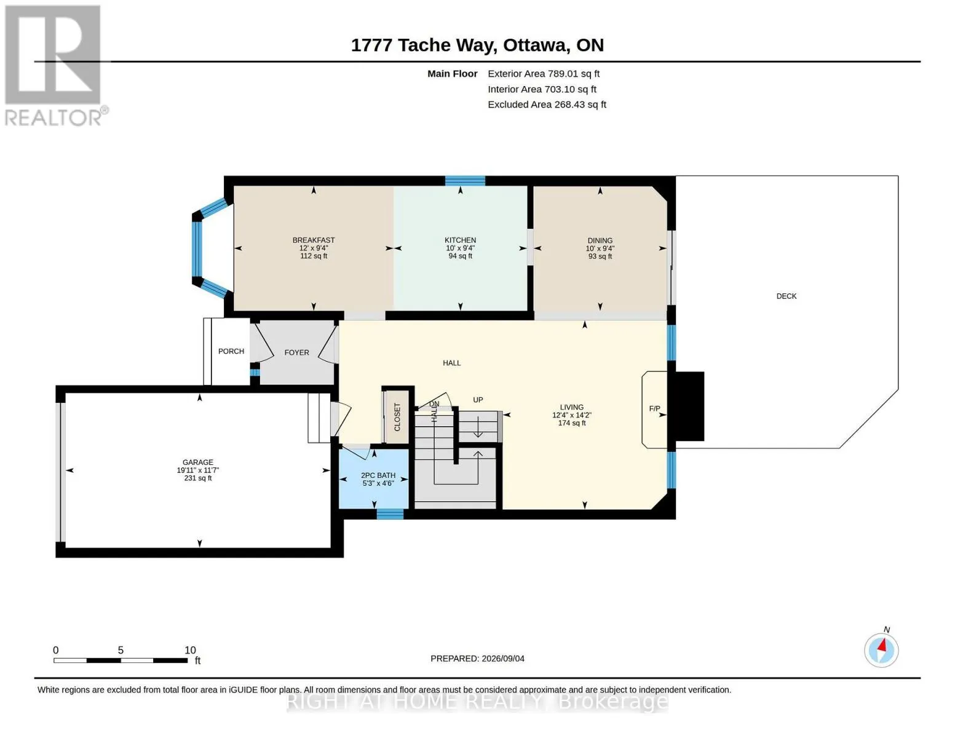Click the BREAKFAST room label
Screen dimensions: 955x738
(314, 240)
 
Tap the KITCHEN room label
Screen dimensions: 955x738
(460, 240)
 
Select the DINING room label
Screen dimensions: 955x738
(600, 240)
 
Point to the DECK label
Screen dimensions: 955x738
(787, 296)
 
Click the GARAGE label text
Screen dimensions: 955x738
(198, 462)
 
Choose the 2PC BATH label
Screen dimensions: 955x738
(378, 475)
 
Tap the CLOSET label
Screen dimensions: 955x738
(397, 417)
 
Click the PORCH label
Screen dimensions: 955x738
(231, 351)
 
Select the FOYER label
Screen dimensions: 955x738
(296, 352)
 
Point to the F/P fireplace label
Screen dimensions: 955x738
(654, 408)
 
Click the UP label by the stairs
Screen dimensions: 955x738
(478, 400)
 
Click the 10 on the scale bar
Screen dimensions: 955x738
(190, 650)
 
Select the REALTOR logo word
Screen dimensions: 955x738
(53, 118)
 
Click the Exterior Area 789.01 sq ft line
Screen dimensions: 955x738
(544, 74)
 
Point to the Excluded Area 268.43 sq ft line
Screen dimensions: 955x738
(547, 105)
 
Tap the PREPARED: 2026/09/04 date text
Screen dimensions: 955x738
(477, 659)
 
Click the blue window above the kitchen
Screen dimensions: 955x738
(465, 181)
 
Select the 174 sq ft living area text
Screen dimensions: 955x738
(572, 423)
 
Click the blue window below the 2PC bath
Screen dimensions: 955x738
(390, 514)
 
